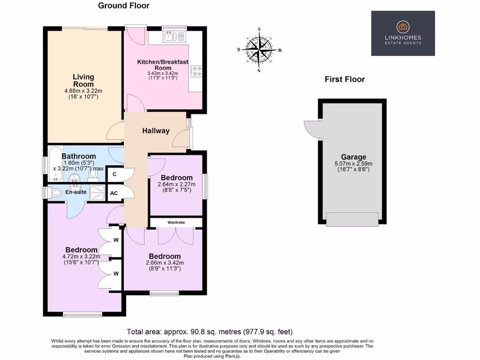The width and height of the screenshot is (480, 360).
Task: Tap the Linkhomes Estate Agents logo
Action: tap(403, 33)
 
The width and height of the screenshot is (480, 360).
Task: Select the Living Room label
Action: tap(83, 80)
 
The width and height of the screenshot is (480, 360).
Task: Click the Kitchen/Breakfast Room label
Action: tap(163, 65)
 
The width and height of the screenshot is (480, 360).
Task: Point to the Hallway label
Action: tap(156, 131)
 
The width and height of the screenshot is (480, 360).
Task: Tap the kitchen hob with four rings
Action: tap(196, 71)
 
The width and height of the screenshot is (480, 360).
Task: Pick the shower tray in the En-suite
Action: tap(97, 192)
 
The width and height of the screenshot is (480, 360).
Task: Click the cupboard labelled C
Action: tap(114, 174)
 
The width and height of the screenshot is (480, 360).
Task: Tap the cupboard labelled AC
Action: tap(114, 193)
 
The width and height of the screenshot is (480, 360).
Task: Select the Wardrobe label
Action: tap(176, 222)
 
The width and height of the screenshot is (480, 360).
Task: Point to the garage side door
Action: tap(312, 129)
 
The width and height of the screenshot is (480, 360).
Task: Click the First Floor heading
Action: tap(345, 79)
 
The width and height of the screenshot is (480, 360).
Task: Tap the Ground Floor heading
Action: tap(124, 6)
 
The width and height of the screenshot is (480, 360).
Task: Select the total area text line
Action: tap(210, 331)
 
